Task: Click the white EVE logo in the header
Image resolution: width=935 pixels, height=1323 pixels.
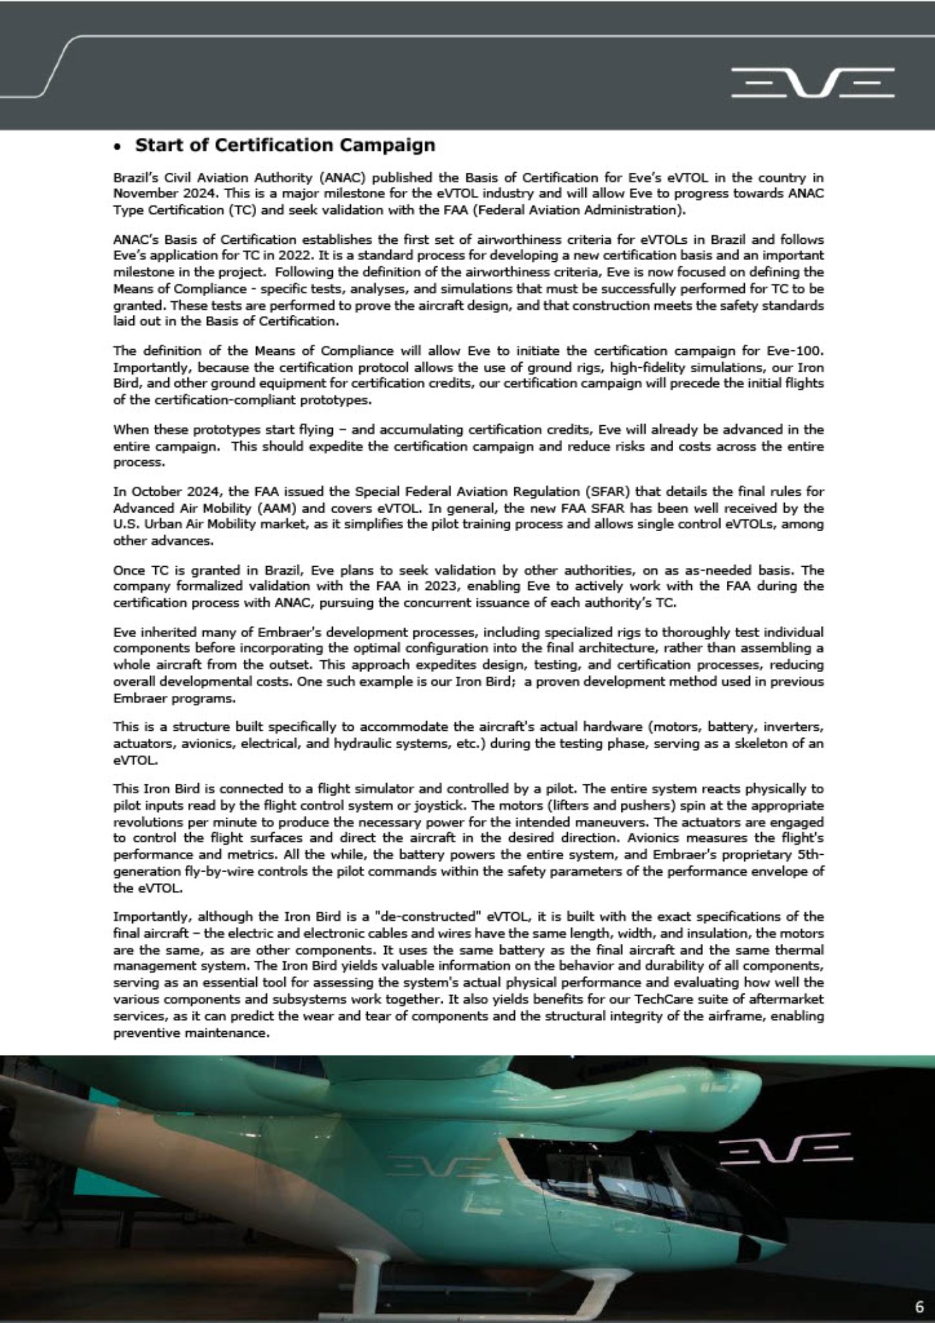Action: [x=813, y=83]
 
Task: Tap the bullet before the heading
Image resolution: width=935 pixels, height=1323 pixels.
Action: [x=117, y=148]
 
